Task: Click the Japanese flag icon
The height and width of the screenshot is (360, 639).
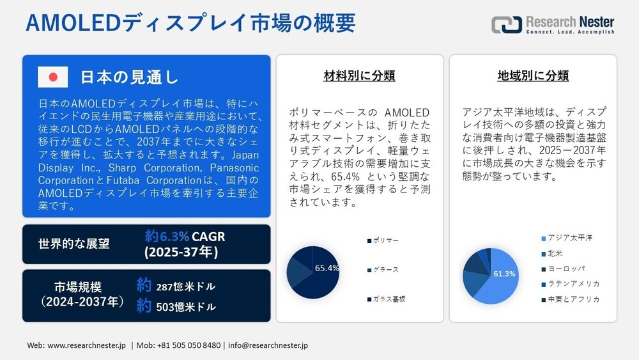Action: point(53,77)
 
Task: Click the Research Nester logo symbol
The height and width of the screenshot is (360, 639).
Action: point(506,25)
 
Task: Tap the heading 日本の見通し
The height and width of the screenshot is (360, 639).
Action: point(129,77)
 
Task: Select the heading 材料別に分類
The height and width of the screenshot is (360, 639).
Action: point(359,76)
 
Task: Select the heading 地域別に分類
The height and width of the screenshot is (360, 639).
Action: point(533,76)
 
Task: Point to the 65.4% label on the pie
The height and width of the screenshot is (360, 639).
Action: point(327,268)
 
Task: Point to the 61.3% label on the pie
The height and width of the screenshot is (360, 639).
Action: point(504,274)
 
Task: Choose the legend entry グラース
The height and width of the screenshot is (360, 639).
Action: point(384,269)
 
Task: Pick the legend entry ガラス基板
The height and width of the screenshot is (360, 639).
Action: point(387,299)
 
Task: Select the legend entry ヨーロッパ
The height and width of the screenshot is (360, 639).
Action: point(566,268)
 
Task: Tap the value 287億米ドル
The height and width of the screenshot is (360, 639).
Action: point(186,286)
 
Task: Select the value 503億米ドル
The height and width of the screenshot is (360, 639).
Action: point(186,307)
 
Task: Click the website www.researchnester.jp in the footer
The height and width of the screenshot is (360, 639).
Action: point(87,345)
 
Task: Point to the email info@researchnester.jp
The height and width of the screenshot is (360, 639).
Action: point(268,345)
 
